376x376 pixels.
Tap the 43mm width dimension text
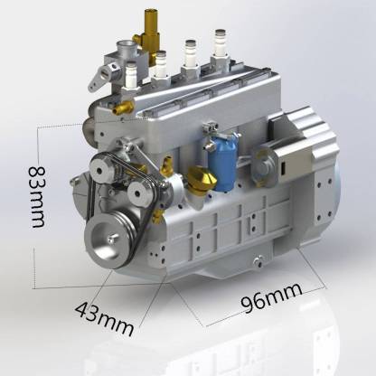pos(100,315)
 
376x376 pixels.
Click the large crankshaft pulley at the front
pos(110,239)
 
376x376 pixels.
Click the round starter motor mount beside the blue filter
pos(263,162)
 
